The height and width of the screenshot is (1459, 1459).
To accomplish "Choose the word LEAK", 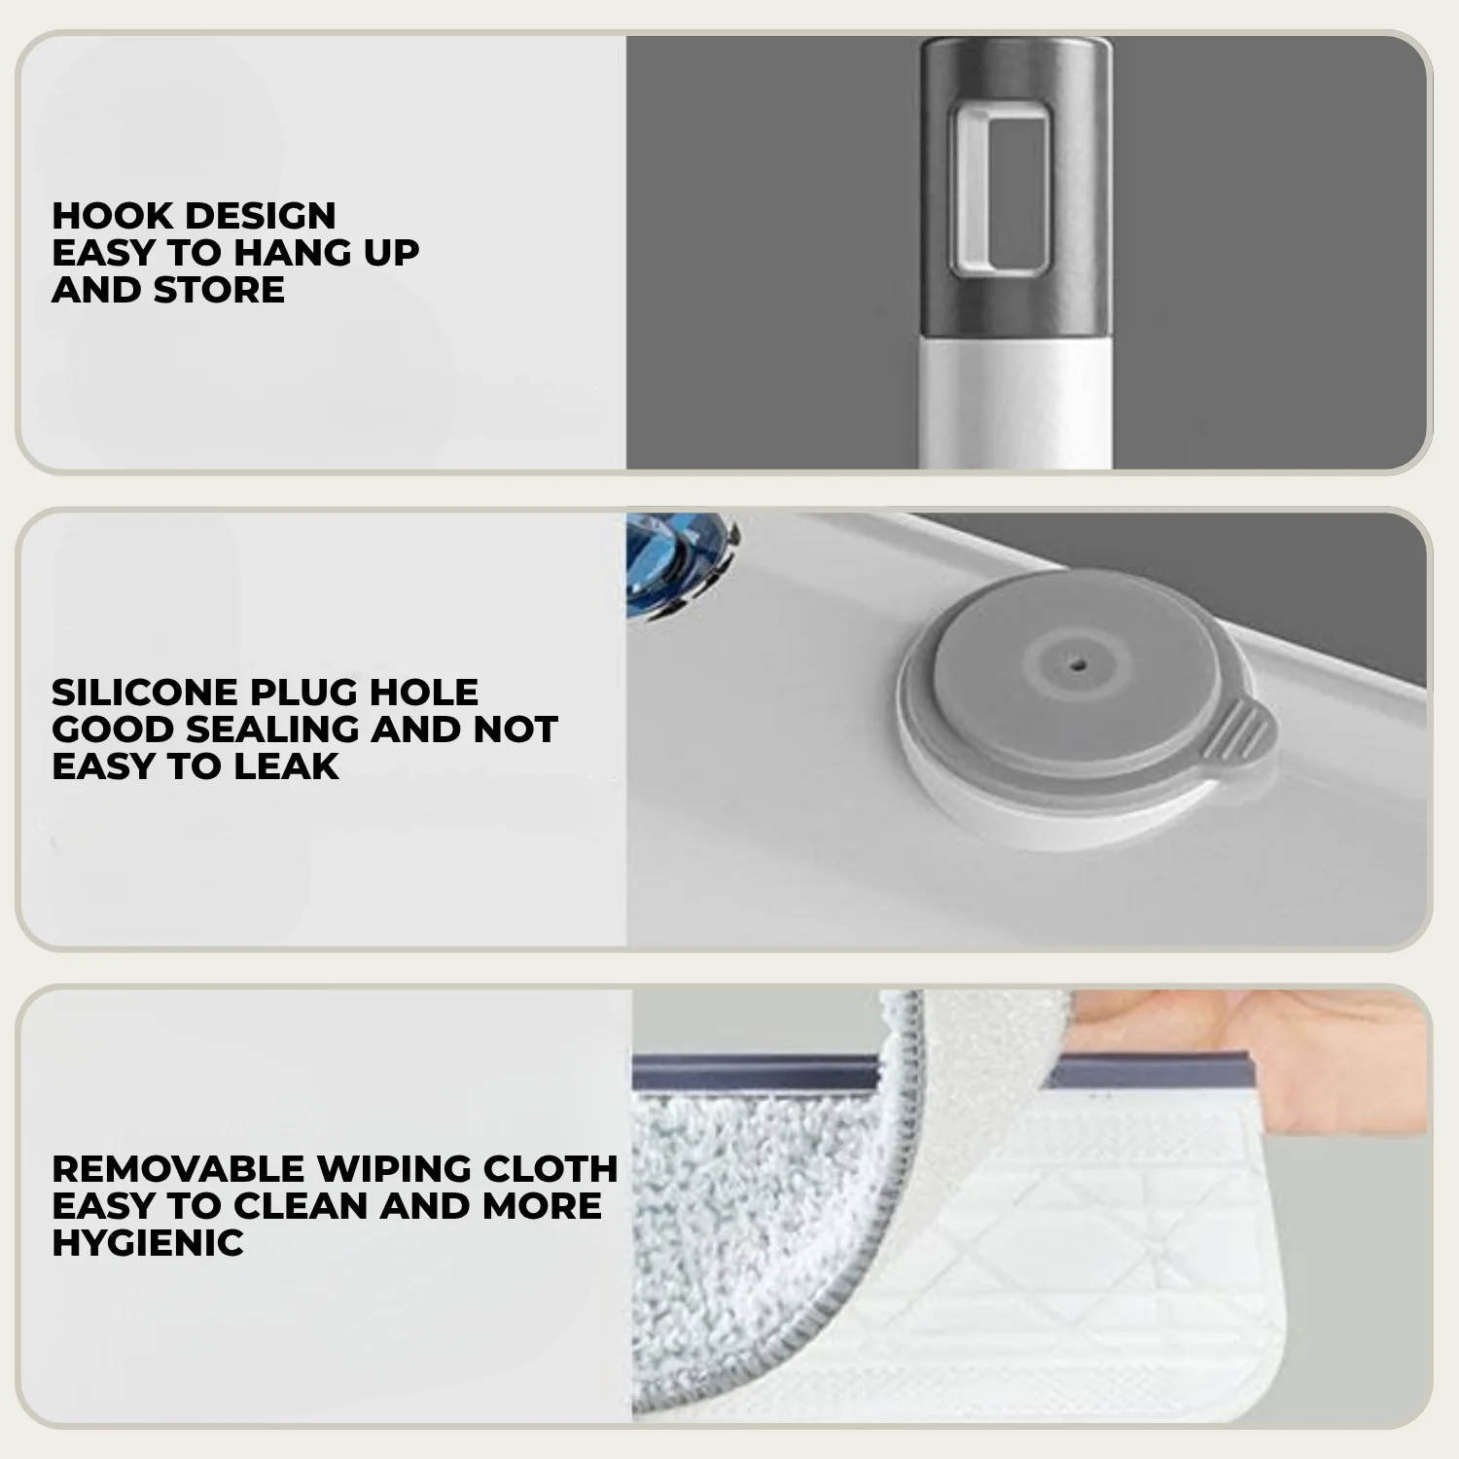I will point(286,766).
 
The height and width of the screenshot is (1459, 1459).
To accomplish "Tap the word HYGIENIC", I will point(148,1243).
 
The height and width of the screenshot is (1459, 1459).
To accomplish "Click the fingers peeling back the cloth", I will point(1264,1041).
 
